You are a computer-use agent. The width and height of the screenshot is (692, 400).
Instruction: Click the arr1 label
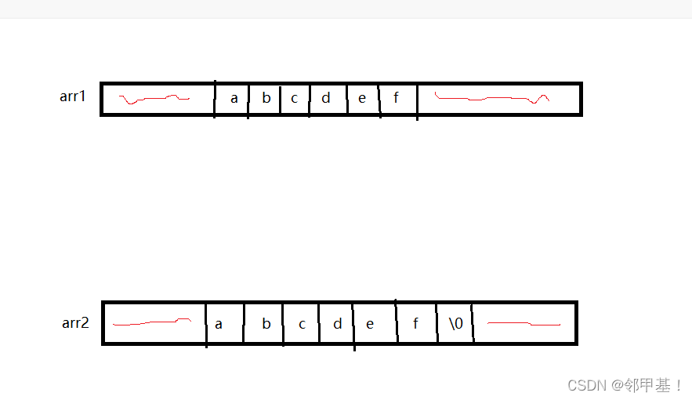coord(73,97)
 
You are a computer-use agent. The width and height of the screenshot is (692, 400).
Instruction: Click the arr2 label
coord(75,322)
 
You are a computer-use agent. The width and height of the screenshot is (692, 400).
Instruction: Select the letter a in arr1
coord(234,99)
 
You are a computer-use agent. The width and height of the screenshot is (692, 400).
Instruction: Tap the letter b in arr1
coord(266,98)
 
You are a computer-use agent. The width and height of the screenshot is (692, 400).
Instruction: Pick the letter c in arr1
coord(295,99)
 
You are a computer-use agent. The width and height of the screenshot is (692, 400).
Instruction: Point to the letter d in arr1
coord(326,98)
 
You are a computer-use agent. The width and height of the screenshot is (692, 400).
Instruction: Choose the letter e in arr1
coord(362,99)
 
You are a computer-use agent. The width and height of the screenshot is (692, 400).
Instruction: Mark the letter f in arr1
coord(396,98)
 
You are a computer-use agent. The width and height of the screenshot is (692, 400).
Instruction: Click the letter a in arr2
coord(218,324)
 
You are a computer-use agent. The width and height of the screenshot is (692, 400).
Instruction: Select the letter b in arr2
coord(266,323)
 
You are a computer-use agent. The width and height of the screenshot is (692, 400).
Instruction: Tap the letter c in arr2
coord(302,324)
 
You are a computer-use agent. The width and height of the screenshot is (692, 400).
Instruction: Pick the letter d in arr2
coord(338,323)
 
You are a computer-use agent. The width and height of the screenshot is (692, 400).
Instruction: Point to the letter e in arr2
coord(370,324)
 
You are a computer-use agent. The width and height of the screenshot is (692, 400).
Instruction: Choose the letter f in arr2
coord(415,323)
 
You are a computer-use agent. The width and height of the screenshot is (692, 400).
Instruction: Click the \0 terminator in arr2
coord(456,323)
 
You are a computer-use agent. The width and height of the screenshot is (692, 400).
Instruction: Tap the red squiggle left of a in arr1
coord(154,99)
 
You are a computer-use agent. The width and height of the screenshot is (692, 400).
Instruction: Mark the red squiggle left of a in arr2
coord(152,322)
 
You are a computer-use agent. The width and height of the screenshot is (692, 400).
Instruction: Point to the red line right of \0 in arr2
coord(524,323)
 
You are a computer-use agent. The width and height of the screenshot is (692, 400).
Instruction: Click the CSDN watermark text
coord(625,385)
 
